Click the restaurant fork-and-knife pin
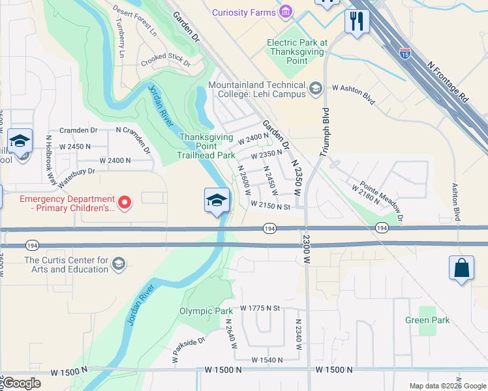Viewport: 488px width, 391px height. pyautogui.click(x=357, y=21)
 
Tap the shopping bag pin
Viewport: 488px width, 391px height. pyautogui.click(x=461, y=268)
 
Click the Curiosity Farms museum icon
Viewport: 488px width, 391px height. pyautogui.click(x=285, y=12)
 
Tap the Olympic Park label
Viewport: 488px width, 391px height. pyautogui.click(x=206, y=311)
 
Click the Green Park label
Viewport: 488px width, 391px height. pyautogui.click(x=427, y=320)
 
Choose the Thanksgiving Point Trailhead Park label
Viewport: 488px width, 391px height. pyautogui.click(x=207, y=146)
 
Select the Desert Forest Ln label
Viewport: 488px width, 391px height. pyautogui.click(x=135, y=20)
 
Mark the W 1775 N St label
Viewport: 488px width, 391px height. pyautogui.click(x=260, y=308)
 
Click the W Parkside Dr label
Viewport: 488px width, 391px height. pyautogui.click(x=189, y=349)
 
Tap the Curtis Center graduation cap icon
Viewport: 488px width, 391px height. pyautogui.click(x=119, y=264)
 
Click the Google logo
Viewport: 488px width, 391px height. pyautogui.click(x=22, y=383)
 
